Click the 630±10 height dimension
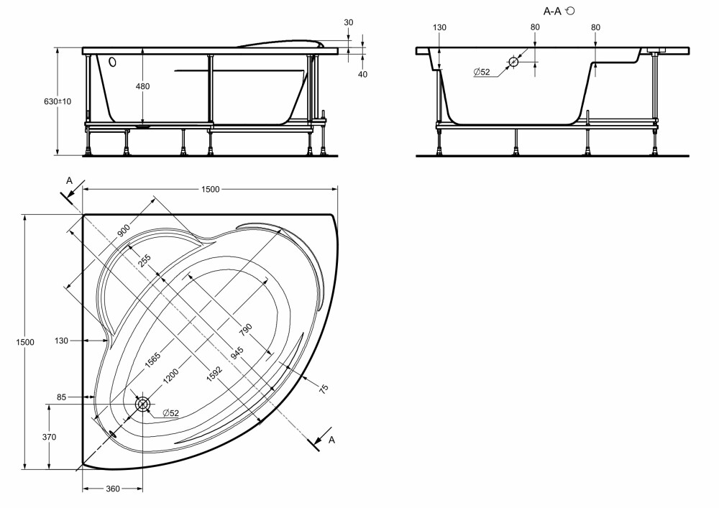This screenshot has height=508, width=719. pos(58,101)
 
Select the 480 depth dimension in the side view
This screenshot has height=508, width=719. pos(143,86)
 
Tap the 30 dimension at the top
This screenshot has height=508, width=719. pos(349,22)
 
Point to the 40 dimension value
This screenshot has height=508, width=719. pos(362,74)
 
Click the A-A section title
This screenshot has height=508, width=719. pos(552,11)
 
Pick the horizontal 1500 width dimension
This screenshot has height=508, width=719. pos(211,189)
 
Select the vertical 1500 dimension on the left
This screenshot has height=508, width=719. pos(25,342)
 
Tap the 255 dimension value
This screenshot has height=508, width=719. pos(144,261)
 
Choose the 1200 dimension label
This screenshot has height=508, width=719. pos(171,379)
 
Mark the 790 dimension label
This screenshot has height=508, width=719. pos(246,329)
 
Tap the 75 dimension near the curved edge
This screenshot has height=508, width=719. pos(324,389)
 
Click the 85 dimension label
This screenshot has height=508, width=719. pos(62,397)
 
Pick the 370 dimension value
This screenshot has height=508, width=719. pos(49,438)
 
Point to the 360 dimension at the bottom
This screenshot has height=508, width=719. pos(113,489)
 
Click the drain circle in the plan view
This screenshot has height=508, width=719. pos(142,404)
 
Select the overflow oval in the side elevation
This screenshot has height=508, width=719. pos(112,61)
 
